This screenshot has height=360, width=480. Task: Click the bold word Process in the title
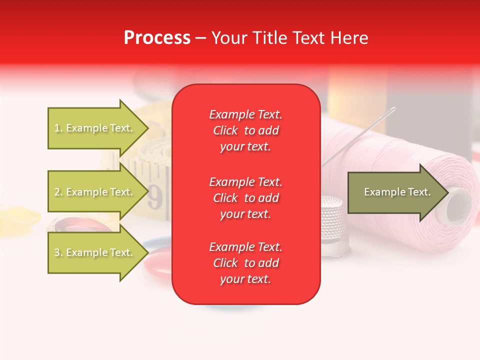tap(157, 38)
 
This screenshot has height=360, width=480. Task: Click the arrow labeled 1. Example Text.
tap(95, 128)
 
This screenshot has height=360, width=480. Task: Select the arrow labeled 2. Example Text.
tap(95, 192)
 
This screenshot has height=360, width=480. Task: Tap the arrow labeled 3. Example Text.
tap(95, 252)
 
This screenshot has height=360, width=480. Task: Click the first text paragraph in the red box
tap(245, 130)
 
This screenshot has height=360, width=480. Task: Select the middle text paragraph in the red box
tap(245, 198)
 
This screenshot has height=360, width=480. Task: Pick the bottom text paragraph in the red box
tap(245, 263)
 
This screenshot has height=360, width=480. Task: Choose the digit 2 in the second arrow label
tap(56, 192)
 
